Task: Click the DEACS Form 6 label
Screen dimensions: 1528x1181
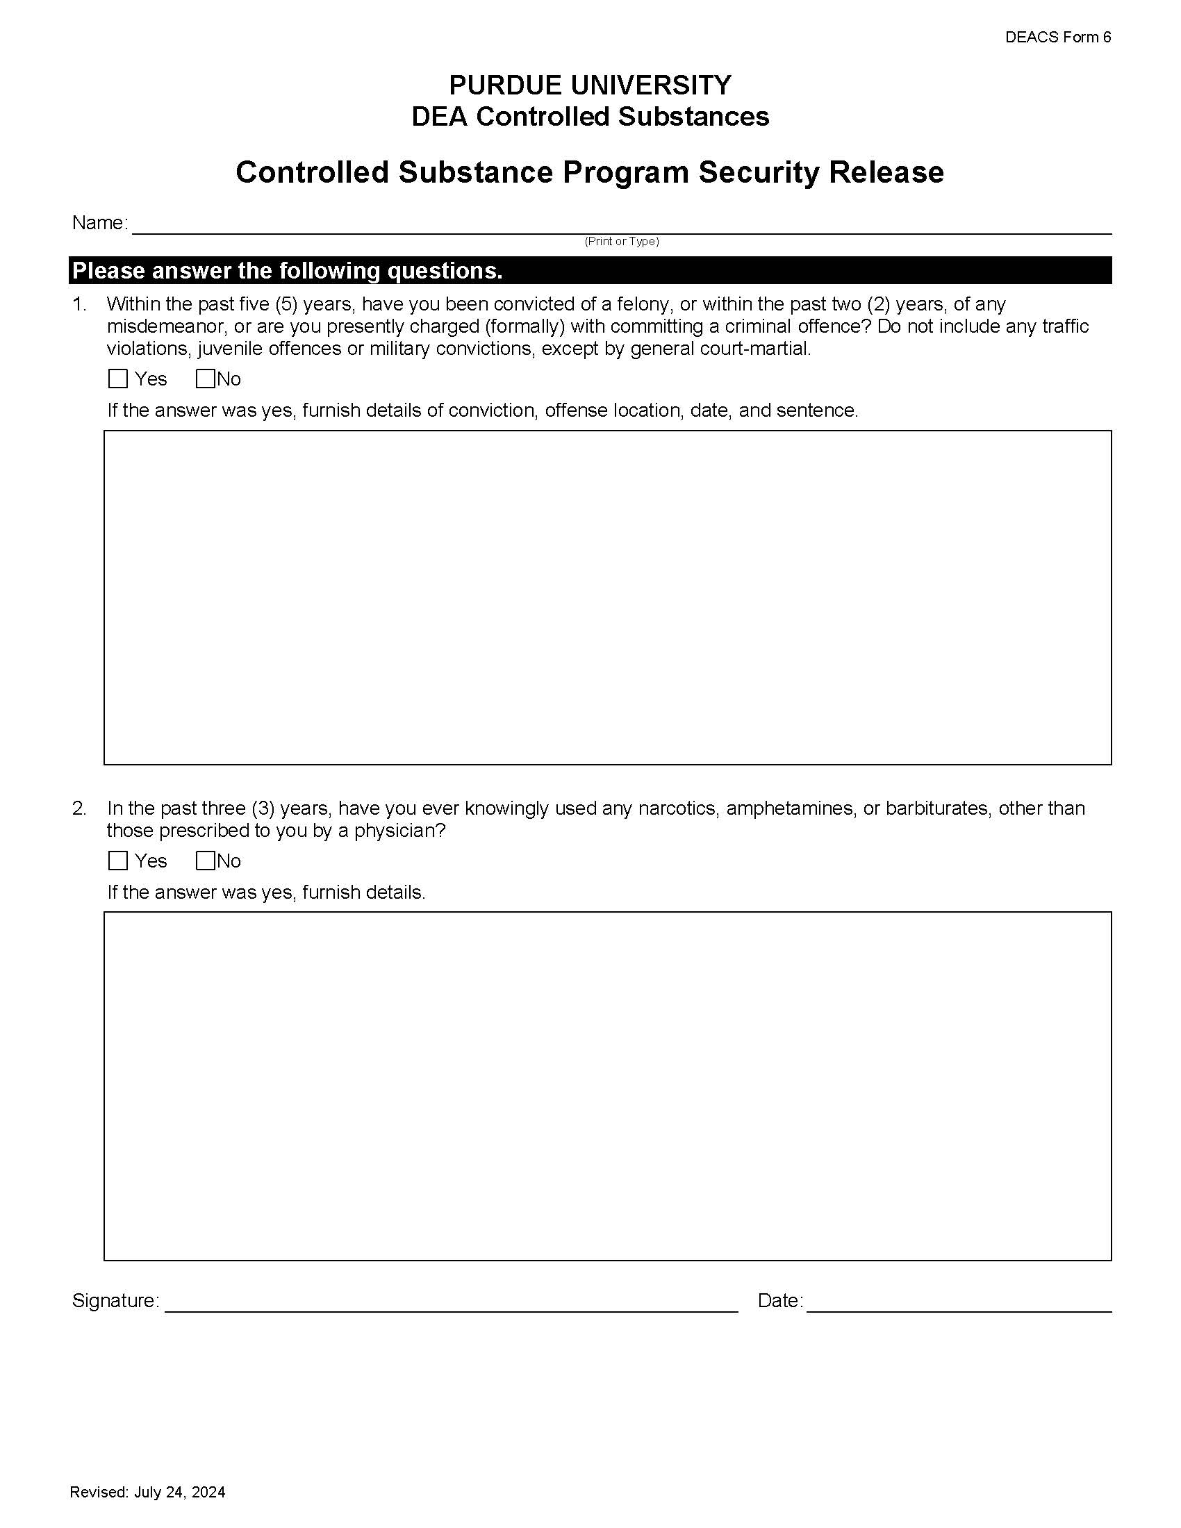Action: pyautogui.click(x=1057, y=37)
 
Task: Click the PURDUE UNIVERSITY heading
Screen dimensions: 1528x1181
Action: pyautogui.click(x=590, y=85)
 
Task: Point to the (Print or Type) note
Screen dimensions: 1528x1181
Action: pyautogui.click(x=621, y=242)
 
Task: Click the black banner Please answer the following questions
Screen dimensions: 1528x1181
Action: pyautogui.click(x=590, y=271)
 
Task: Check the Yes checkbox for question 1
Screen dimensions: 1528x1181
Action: pyautogui.click(x=118, y=379)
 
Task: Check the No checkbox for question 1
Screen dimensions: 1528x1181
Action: pyautogui.click(x=205, y=379)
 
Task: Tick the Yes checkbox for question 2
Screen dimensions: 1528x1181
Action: pyautogui.click(x=118, y=861)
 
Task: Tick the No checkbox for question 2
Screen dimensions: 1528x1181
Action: pyautogui.click(x=205, y=861)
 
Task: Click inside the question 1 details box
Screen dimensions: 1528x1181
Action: pyautogui.click(x=607, y=597)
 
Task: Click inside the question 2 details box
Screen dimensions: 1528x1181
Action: pyautogui.click(x=607, y=1086)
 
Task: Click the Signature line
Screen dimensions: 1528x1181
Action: pyautogui.click(x=452, y=1302)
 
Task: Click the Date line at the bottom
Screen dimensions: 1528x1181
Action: pyautogui.click(x=959, y=1302)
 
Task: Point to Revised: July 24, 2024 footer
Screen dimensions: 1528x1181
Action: pyautogui.click(x=147, y=1492)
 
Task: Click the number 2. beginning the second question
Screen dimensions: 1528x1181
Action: pyautogui.click(x=79, y=808)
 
